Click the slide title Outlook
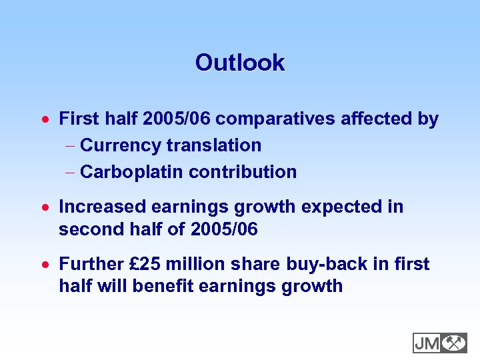[x=240, y=63]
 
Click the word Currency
[x=120, y=145]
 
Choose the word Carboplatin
[x=131, y=172]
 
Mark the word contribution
[x=243, y=172]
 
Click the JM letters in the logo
[x=427, y=343]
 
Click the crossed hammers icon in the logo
[x=454, y=343]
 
